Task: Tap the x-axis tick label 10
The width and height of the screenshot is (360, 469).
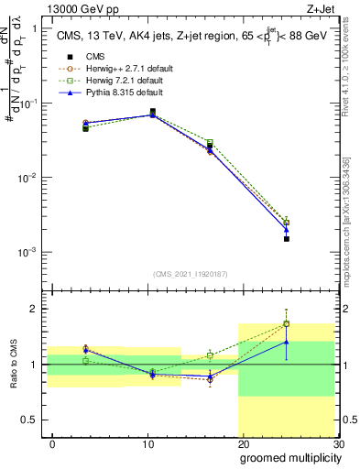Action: coord(147,442)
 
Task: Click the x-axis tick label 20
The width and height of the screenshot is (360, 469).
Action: coord(243,442)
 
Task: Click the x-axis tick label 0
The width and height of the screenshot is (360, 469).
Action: coord(52,442)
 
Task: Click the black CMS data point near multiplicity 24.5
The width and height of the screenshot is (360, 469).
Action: coord(287,239)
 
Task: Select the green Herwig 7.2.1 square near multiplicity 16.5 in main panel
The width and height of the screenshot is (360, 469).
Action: coord(210,142)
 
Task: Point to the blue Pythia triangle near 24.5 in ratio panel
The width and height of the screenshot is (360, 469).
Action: coord(287,342)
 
